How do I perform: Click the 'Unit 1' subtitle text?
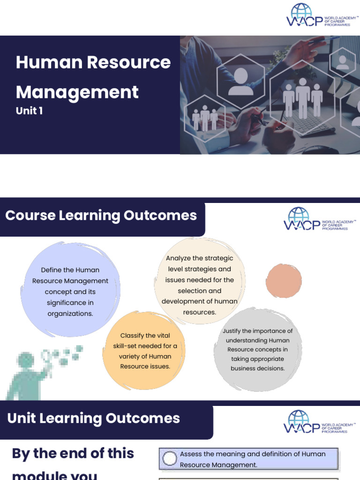pos(29,112)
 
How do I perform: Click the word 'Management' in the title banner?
pos(77,92)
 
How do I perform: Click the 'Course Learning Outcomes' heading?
pos(101,216)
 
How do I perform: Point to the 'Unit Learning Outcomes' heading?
pos(94,418)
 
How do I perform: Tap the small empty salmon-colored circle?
pos(284,281)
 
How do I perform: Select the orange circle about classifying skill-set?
pos(145,350)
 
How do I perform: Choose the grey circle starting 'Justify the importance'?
pos(257,349)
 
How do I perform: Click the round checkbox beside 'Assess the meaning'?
pos(170,459)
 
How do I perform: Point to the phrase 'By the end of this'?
pos(73,453)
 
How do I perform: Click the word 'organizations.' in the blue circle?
pos(70,314)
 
